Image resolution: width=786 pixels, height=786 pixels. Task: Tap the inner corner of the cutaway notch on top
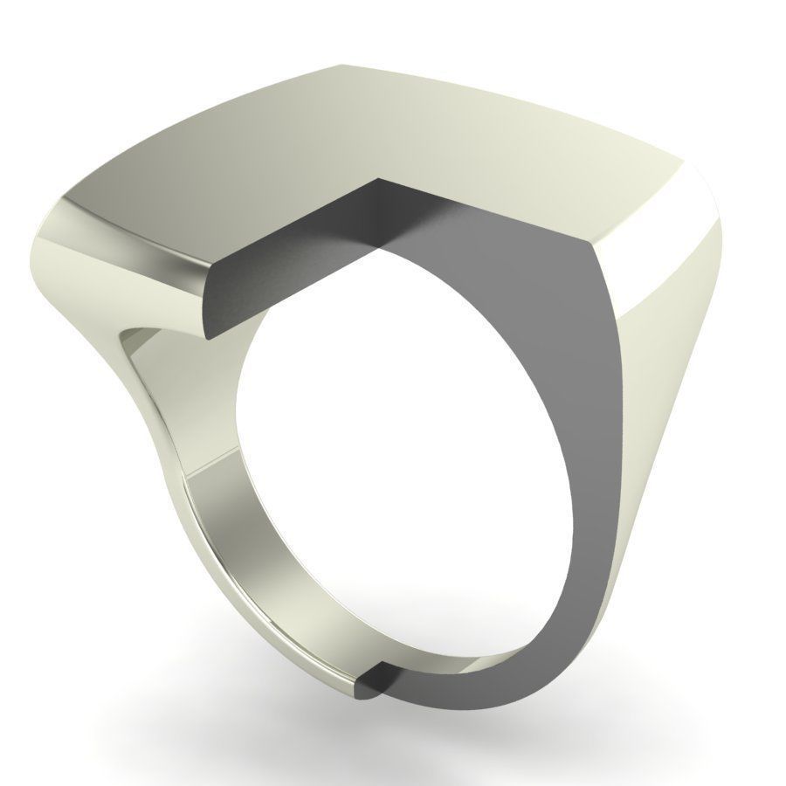coord(377,181)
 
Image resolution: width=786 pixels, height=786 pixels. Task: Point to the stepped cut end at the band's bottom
coord(371,681)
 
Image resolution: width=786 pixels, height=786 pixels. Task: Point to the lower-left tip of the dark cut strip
coord(208,332)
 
